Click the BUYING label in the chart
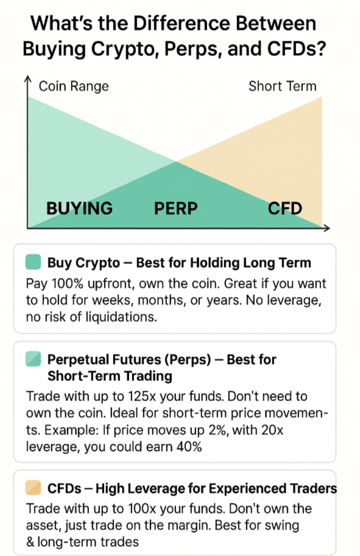pyautogui.click(x=79, y=208)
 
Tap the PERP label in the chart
pyautogui.click(x=176, y=208)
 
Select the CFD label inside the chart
pyautogui.click(x=285, y=208)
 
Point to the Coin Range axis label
pyautogui.click(x=74, y=86)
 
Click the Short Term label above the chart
pyautogui.click(x=283, y=86)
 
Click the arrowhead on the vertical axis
pyautogui.click(x=27, y=79)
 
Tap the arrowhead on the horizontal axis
pyautogui.click(x=326, y=228)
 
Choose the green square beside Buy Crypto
pyautogui.click(x=34, y=262)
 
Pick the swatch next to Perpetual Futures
pyautogui.click(x=34, y=359)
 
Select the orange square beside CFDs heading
pyautogui.click(x=34, y=488)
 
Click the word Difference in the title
pyautogui.click(x=182, y=24)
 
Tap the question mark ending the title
pyautogui.click(x=320, y=49)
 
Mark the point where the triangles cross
pyautogui.click(x=176, y=162)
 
